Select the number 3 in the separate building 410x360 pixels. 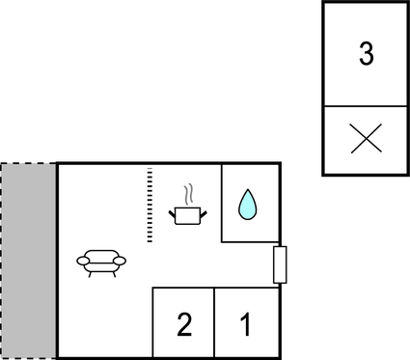coord(366,54)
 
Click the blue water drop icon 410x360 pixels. coord(248,204)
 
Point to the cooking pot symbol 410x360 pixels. coord(187,214)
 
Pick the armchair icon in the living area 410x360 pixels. coord(101,262)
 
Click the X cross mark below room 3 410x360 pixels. coord(366,140)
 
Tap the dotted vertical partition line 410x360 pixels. coord(150,206)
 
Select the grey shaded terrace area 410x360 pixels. coord(29,261)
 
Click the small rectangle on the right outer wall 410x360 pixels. coord(280,264)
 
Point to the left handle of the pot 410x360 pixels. coord(173,211)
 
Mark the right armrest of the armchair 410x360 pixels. coord(119,260)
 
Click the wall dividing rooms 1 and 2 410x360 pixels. coord(214,322)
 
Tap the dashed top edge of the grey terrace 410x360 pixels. coord(29,163)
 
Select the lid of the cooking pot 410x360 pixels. coord(188,207)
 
